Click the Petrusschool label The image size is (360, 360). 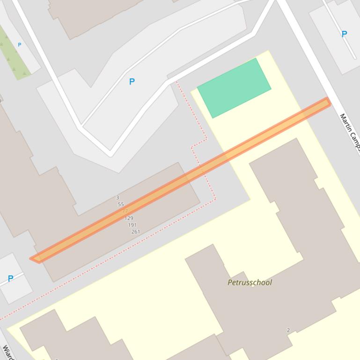pyautogui.click(x=250, y=282)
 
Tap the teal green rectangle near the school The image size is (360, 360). pyautogui.click(x=234, y=88)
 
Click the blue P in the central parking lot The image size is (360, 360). pyautogui.click(x=132, y=81)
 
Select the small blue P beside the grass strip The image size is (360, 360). pyautogui.click(x=20, y=45)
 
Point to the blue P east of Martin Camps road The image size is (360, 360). pyautogui.click(x=344, y=34)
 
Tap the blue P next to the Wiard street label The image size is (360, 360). pyautogui.click(x=10, y=279)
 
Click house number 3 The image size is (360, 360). pyautogui.click(x=118, y=198)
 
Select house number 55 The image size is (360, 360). pyautogui.click(x=121, y=204)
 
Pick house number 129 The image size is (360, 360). pyautogui.click(x=129, y=218)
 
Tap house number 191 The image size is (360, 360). pyautogui.click(x=132, y=225)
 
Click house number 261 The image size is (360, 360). pyautogui.click(x=135, y=231)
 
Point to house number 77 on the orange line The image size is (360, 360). pyautogui.click(x=125, y=211)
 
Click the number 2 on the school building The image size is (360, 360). pyautogui.click(x=288, y=330)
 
